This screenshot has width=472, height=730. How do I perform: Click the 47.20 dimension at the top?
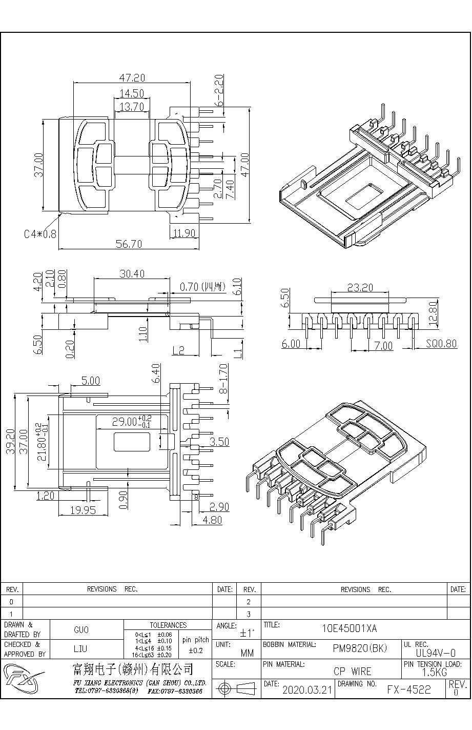pyautogui.click(x=132, y=78)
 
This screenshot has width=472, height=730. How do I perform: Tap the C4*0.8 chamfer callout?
pyautogui.click(x=40, y=234)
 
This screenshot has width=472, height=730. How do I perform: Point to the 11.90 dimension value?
pyautogui.click(x=184, y=233)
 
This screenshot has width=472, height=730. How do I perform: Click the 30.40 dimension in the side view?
pyautogui.click(x=132, y=274)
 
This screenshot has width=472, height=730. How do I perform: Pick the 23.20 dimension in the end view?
pyautogui.click(x=360, y=288)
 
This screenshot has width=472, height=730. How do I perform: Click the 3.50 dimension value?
pyautogui.click(x=219, y=442)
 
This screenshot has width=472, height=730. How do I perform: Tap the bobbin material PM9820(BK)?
pyautogui.click(x=360, y=648)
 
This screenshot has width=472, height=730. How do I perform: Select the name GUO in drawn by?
pyautogui.click(x=81, y=630)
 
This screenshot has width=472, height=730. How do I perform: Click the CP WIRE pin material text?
pyautogui.click(x=352, y=671)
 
